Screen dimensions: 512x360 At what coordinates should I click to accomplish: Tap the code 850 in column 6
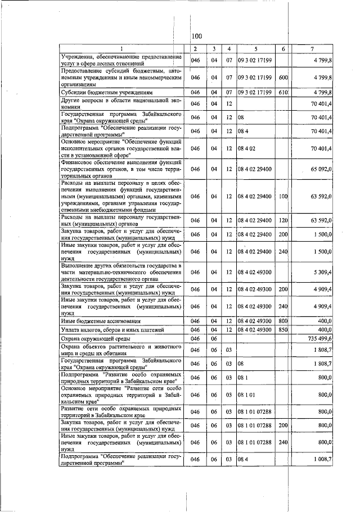(283, 329)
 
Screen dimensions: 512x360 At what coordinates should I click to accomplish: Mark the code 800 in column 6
(283, 320)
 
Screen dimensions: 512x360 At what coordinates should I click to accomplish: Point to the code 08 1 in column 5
(244, 379)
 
